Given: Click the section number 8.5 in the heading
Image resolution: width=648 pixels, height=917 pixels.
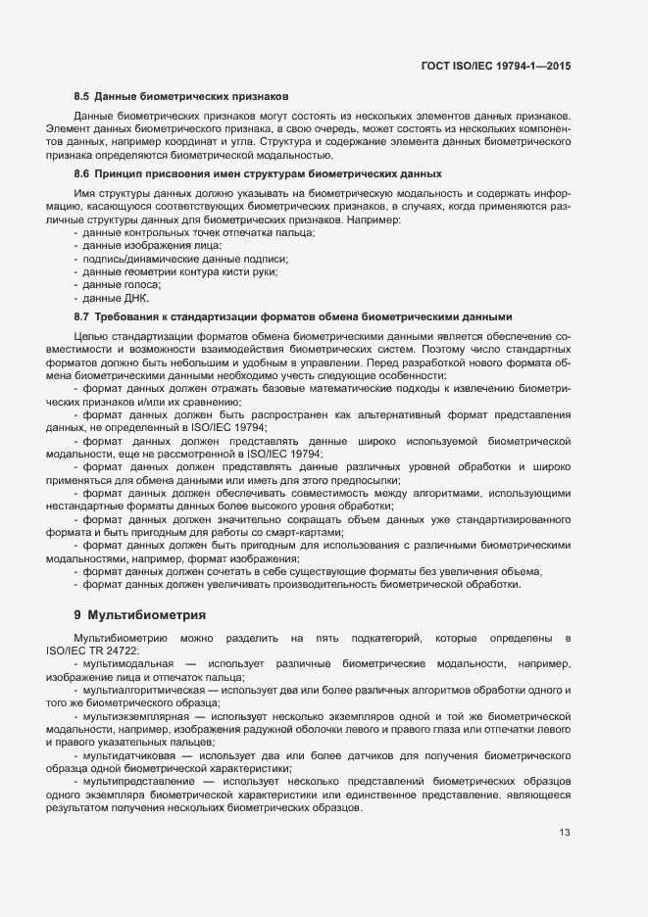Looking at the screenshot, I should point(81,98).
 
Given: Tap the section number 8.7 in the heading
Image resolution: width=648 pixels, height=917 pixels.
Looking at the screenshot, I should point(81,316).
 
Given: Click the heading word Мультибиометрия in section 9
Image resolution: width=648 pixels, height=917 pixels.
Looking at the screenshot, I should point(146,614).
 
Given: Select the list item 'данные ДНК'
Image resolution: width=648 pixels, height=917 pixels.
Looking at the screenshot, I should point(116,298).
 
